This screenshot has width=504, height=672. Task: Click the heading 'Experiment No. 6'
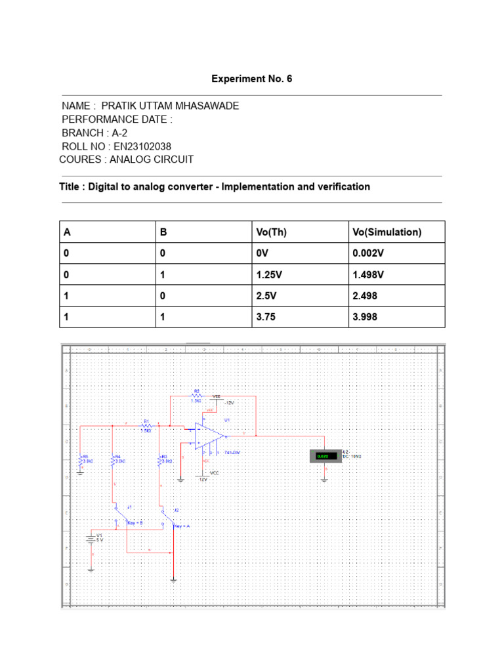251,79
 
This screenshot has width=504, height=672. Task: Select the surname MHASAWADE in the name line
207,106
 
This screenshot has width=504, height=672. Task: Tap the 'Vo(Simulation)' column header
387,232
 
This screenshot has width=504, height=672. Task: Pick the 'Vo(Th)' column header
272,232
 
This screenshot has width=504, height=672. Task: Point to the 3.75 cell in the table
267,317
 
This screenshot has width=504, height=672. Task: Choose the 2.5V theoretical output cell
268,296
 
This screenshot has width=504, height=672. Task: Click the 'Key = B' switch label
135,523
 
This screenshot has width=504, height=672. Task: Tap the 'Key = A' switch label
182,526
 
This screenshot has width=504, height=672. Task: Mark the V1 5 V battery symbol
90,539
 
